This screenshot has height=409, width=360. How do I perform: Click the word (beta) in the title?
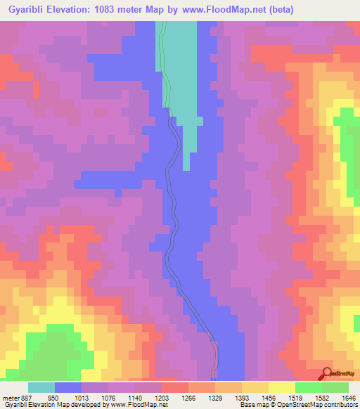click(278, 9)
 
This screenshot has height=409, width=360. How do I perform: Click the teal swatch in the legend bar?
click(41, 387)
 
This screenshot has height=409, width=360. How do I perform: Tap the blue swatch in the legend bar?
click(68, 387)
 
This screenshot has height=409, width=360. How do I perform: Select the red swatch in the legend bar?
click(175, 387)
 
